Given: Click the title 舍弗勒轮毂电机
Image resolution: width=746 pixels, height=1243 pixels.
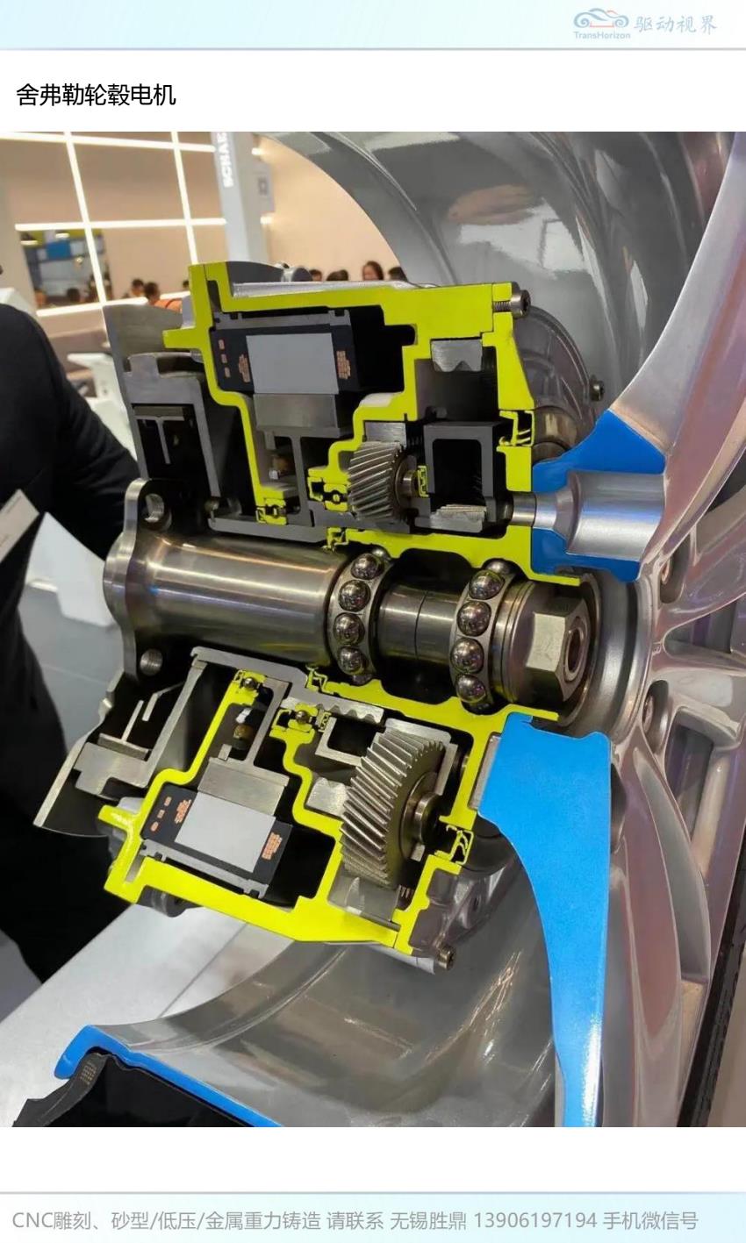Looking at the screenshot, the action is pyautogui.click(x=96, y=95).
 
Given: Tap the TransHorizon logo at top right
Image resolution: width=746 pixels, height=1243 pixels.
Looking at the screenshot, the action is pyautogui.click(x=602, y=25).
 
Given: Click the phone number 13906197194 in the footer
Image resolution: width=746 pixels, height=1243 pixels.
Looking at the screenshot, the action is pyautogui.click(x=534, y=1220).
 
